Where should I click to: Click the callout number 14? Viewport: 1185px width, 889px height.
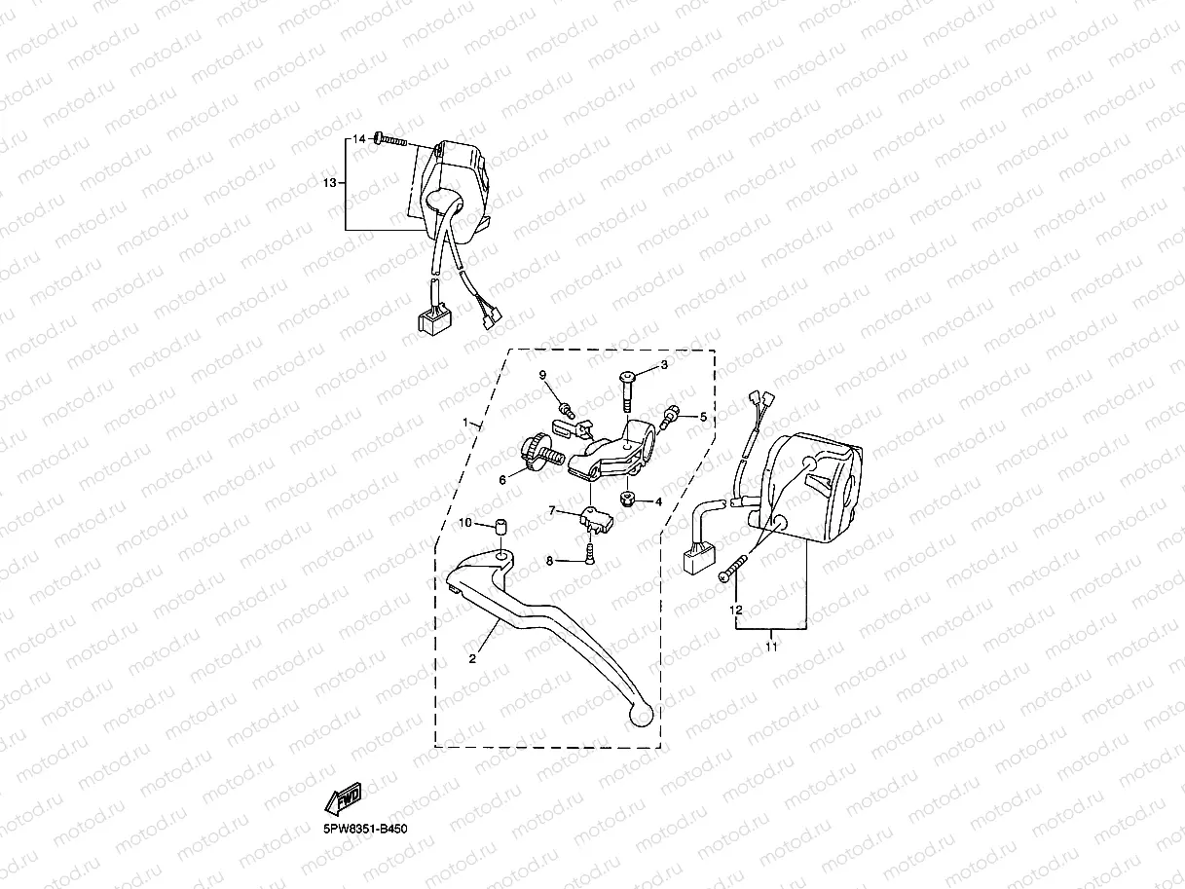pos(358,139)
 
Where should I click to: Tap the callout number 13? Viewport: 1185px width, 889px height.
pos(329,182)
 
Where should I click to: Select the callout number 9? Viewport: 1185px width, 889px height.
pos(543,375)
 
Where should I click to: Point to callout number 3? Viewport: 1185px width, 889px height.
pos(664,365)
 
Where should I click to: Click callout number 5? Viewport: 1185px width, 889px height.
pos(702,417)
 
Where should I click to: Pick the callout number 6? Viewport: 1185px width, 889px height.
pos(503,479)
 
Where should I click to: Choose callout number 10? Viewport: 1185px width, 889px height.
pos(465,524)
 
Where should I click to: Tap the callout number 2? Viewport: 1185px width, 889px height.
pos(472,659)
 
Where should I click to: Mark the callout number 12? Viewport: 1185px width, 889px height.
pos(736,610)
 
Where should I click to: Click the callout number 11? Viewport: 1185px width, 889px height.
pos(771,645)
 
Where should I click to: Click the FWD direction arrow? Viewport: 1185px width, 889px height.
pos(344,797)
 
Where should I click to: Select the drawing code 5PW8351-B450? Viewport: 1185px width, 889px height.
pos(365,829)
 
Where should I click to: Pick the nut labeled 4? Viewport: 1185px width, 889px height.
pos(628,500)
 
